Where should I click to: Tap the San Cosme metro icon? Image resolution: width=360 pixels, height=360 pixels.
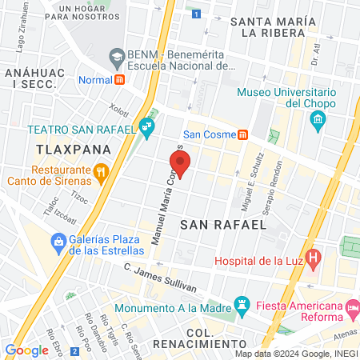click(242, 134)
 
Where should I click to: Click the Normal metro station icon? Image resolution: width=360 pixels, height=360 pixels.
click(119, 79)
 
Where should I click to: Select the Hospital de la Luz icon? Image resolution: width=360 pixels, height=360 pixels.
click(314, 258)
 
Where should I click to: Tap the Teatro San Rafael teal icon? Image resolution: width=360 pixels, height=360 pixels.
click(146, 126)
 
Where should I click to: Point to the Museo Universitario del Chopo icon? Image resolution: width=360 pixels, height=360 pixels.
click(318, 119)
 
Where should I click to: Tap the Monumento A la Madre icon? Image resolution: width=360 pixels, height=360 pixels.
click(241, 303)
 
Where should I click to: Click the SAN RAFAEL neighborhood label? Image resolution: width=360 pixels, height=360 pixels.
click(222, 226)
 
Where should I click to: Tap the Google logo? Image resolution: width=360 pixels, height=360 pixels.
click(26, 350)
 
